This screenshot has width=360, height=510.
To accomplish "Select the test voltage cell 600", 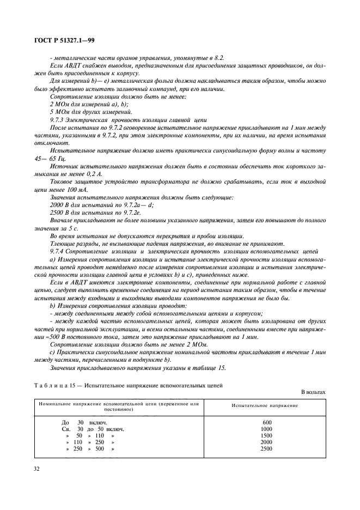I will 266,422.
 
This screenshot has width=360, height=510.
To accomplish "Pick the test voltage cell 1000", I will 266,429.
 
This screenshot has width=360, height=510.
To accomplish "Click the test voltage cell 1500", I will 266,435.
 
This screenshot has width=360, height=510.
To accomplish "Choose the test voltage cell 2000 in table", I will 266,442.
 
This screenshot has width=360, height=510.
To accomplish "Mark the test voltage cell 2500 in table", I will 266,448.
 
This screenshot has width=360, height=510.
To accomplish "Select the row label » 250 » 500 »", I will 90,448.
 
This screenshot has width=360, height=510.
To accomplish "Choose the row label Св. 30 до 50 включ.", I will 94,429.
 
